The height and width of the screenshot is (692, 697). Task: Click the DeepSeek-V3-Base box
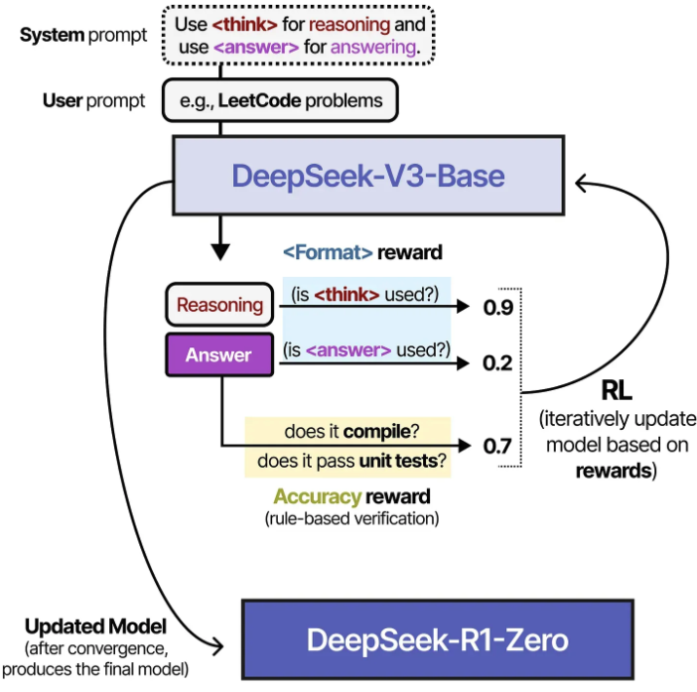pyautogui.click(x=368, y=176)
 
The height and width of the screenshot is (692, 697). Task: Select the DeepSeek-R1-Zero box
pyautogui.click(x=438, y=639)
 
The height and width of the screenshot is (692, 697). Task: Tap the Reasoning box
pyautogui.click(x=219, y=305)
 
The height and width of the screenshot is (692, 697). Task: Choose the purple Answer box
pyautogui.click(x=219, y=355)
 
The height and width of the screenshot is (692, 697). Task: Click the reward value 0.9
pyautogui.click(x=498, y=307)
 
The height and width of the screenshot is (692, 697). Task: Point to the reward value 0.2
pyautogui.click(x=497, y=363)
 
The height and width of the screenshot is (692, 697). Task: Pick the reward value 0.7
pyautogui.click(x=497, y=446)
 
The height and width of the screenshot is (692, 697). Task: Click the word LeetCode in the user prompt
pyautogui.click(x=259, y=101)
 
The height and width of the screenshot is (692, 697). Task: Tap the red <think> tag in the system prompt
pyautogui.click(x=245, y=25)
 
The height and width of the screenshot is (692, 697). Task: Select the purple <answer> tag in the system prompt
pyautogui.click(x=256, y=47)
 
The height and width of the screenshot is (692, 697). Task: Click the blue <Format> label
pyautogui.click(x=328, y=252)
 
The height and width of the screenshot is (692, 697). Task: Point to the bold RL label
pyautogui.click(x=617, y=390)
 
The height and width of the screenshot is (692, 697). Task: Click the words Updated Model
pyautogui.click(x=95, y=626)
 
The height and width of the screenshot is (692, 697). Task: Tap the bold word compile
pyautogui.click(x=377, y=432)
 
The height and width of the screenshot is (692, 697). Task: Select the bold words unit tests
pyautogui.click(x=399, y=461)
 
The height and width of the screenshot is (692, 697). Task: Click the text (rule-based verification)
pyautogui.click(x=352, y=518)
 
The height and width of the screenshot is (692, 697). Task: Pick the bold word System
pyautogui.click(x=52, y=35)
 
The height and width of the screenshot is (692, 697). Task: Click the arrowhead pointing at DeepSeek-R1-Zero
pyautogui.click(x=218, y=646)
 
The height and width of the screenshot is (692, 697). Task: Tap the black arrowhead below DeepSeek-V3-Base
pyautogui.click(x=220, y=251)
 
